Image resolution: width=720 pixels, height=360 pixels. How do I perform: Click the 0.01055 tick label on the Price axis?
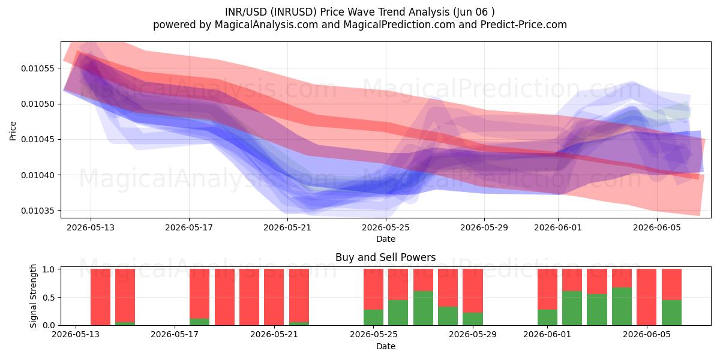click(37, 68)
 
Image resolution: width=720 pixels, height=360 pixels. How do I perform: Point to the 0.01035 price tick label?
click(37, 211)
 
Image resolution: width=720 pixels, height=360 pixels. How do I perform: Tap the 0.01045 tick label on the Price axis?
click(37, 140)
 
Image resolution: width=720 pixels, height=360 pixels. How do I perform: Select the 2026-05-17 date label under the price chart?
click(189, 227)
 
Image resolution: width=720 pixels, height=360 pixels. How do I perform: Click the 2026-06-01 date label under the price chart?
click(558, 227)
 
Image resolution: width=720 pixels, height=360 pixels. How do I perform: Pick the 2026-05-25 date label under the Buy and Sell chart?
click(373, 335)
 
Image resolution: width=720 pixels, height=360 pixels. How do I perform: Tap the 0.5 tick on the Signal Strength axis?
click(49, 298)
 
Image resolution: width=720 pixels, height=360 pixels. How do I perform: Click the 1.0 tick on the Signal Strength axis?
click(49, 269)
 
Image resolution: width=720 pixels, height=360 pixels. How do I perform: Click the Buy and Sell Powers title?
click(386, 257)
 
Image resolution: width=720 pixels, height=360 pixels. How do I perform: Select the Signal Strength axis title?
click(34, 296)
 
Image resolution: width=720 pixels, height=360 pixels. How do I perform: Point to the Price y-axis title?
click(13, 131)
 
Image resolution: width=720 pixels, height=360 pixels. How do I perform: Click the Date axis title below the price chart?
click(386, 239)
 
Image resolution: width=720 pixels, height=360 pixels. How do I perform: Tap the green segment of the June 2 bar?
click(572, 308)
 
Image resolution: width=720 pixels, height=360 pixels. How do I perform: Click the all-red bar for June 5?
click(646, 297)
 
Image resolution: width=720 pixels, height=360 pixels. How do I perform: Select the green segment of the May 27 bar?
click(424, 308)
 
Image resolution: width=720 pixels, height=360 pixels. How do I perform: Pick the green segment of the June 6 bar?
click(671, 313)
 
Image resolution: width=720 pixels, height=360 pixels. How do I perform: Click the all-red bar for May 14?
click(100, 297)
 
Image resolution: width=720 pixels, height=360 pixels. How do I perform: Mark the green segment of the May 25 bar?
click(373, 317)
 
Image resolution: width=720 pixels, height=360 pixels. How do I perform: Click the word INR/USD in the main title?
click(246, 12)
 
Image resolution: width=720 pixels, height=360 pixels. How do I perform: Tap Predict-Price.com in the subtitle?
click(524, 25)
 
